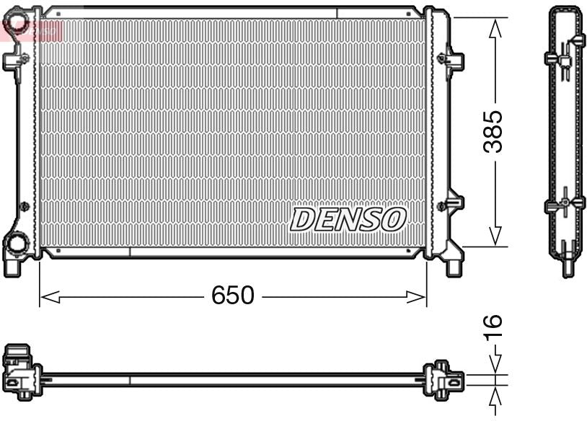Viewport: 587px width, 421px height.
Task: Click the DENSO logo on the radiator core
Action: pyautogui.click(x=348, y=219)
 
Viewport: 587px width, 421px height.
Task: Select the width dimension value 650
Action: pyautogui.click(x=233, y=296)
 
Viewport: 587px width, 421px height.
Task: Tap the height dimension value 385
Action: pyautogui.click(x=494, y=131)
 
